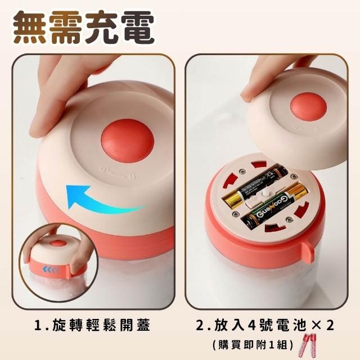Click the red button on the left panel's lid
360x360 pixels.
click(x=128, y=140)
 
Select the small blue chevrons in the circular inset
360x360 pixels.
click(x=51, y=269)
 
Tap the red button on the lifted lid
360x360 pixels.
click(x=308, y=107)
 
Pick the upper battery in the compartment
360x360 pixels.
click(x=256, y=186)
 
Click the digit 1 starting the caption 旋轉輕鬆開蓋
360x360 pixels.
click(x=38, y=325)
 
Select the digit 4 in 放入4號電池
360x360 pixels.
click(x=252, y=325)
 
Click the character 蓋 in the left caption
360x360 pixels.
click(x=143, y=325)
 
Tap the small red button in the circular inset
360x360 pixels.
click(x=57, y=244)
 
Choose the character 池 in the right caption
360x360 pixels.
click(x=300, y=325)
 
